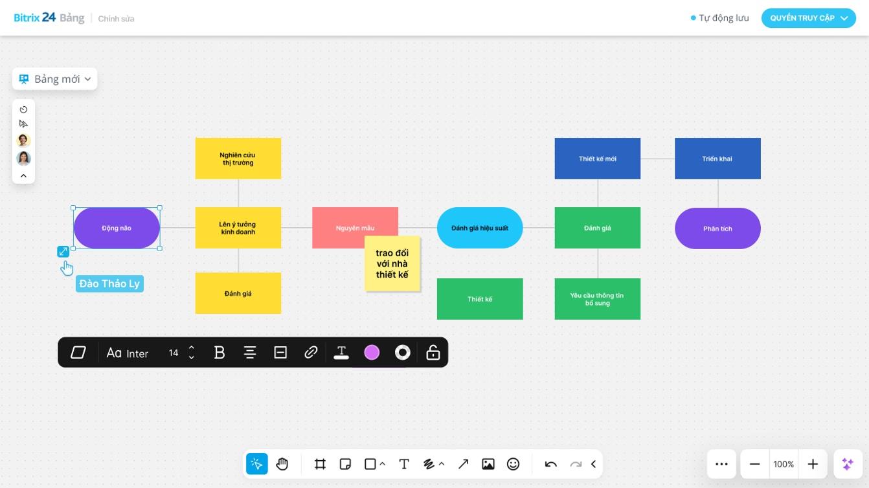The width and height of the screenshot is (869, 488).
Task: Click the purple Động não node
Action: coord(117,228)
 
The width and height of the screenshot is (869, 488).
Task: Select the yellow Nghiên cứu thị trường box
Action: coord(238,159)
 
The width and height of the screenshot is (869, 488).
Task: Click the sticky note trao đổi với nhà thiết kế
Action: coord(392,264)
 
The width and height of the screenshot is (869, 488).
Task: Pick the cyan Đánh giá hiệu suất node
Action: coord(479,228)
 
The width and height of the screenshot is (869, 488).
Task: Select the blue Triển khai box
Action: coord(717,159)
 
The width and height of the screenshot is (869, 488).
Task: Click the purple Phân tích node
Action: coord(717,228)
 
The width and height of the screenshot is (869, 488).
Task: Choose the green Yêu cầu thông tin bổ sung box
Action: coord(597,299)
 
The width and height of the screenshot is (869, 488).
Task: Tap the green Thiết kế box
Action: coord(479,299)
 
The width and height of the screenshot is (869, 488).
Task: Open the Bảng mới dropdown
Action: coord(55,79)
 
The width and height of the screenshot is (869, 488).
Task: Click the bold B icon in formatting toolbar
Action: coord(220,353)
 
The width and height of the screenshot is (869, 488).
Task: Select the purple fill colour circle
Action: coord(372,353)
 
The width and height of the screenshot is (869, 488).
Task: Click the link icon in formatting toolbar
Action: coord(311,353)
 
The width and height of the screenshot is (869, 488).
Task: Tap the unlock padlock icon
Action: coord(433,353)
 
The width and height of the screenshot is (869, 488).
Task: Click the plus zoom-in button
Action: coord(813,464)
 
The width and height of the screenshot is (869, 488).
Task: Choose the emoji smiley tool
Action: coord(513,464)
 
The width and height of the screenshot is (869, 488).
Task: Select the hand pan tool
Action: coord(282,464)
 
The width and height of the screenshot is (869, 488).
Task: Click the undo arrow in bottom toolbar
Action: coord(550,464)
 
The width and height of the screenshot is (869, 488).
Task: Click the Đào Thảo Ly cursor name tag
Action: coord(109,283)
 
